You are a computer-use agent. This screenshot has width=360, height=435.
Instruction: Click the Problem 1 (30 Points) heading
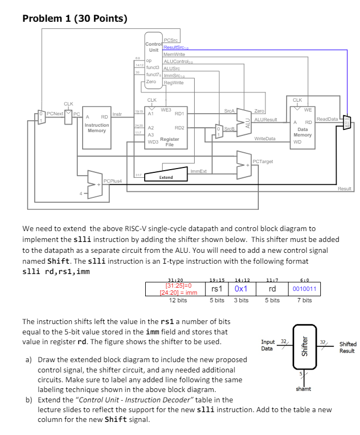point(75,19)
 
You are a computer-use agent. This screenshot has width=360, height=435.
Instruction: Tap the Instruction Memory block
point(97,127)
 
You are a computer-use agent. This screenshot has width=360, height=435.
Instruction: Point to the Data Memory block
point(302,128)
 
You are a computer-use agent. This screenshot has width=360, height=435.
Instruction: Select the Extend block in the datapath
point(166,177)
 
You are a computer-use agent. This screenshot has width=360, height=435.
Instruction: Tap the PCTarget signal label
point(263,161)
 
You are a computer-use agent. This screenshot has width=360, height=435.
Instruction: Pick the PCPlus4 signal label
point(112,180)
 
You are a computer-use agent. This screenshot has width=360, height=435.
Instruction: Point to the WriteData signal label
point(265,139)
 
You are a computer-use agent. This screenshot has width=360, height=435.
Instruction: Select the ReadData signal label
point(327,118)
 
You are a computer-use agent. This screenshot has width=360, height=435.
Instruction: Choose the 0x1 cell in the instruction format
point(241,289)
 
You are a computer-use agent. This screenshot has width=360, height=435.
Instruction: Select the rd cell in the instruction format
point(272,289)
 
